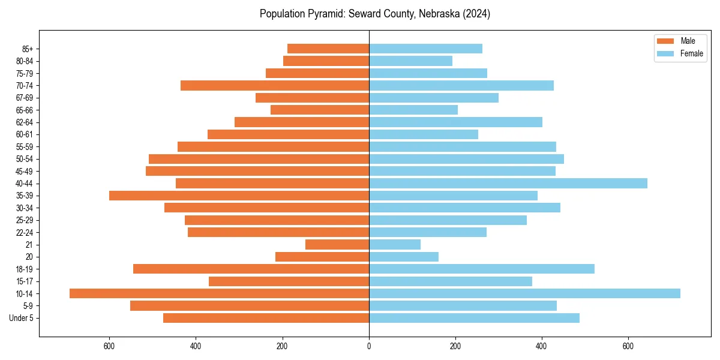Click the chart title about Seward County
pos(374,14)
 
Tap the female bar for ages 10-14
pos(524,293)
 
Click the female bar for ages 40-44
pos(508,183)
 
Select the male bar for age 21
pos(337,244)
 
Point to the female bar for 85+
pos(425,49)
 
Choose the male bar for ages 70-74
pos(274,85)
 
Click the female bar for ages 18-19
pos(481,269)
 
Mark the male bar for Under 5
pos(266,318)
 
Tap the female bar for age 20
pos(403,257)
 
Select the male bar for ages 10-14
pos(219,293)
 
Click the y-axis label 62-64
pos(24,122)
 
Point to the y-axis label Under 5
pos(22,318)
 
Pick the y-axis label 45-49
pos(24,171)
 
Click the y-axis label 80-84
pos(24,61)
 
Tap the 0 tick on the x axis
pos(369,346)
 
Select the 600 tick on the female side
pos(628,346)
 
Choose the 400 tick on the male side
pos(196,346)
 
